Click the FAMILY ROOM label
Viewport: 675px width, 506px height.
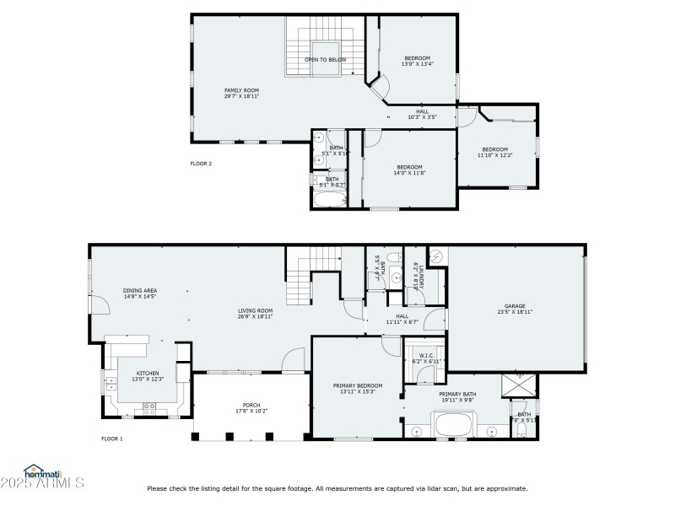tap(241, 93)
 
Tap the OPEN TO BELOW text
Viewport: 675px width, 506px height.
tap(326, 60)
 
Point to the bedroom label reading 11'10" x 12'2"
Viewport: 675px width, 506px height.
tap(494, 153)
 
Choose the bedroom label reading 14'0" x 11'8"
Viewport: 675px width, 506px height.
tap(409, 170)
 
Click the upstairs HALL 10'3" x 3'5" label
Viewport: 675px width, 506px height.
tap(422, 114)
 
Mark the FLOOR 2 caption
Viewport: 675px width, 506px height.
tap(201, 163)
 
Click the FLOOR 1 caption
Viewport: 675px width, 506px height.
tap(112, 439)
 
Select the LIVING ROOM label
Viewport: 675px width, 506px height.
tap(255, 313)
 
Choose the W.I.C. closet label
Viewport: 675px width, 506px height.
tap(427, 358)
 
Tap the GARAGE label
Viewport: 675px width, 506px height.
tap(515, 309)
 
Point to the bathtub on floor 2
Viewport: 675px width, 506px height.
tap(329, 199)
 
